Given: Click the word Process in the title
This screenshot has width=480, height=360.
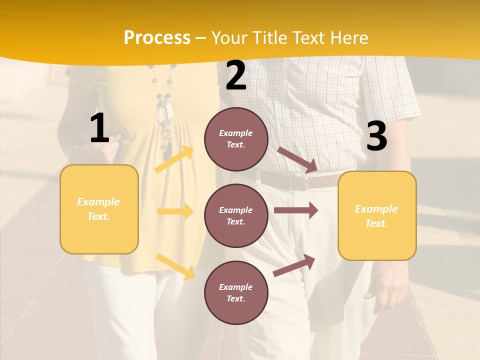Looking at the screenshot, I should coord(157,38).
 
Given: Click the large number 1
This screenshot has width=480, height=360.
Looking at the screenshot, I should coord(99,128).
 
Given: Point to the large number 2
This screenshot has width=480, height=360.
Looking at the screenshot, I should coord(236,75).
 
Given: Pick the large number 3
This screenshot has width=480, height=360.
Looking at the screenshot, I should coord(376,136).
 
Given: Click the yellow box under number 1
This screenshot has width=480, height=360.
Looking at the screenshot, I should coord(99,209).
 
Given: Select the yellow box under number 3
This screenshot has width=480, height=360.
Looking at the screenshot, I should coord(377,216).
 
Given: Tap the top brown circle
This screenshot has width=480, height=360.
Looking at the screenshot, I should coord(236,139).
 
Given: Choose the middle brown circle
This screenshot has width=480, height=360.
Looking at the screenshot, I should coord(236,216).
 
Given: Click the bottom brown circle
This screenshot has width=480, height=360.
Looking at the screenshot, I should coord(236,293).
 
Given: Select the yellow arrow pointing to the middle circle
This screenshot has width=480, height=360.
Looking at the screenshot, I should coord(175,212).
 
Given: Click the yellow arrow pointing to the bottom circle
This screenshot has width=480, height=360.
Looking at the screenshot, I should coord(175,266).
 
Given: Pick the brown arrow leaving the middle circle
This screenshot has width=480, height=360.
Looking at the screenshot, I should coord(296,210).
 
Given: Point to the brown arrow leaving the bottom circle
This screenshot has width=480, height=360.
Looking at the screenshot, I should coord(294,265).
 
